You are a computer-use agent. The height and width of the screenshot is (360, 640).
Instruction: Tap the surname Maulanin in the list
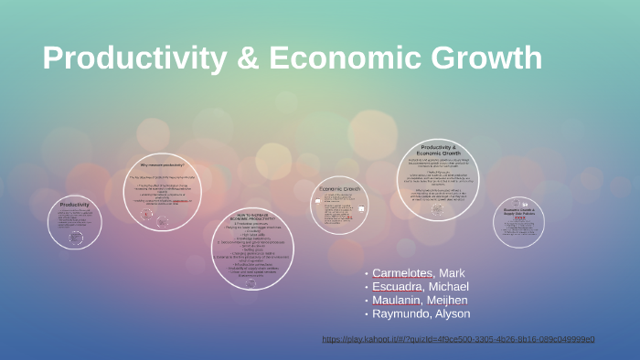coord(400,300)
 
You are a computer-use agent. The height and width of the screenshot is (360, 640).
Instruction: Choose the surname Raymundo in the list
coord(403,313)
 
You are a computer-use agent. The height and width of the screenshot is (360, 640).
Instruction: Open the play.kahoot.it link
coord(458,339)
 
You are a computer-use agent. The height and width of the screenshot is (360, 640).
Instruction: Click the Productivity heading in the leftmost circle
coord(75,205)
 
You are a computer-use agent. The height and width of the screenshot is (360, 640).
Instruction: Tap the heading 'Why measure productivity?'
coord(162,165)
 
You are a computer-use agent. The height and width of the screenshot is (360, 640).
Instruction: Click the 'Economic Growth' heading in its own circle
coord(339,188)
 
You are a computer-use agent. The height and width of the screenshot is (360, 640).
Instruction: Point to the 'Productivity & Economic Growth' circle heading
coord(437,150)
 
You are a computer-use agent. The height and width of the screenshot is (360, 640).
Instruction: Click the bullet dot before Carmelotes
coord(366,274)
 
